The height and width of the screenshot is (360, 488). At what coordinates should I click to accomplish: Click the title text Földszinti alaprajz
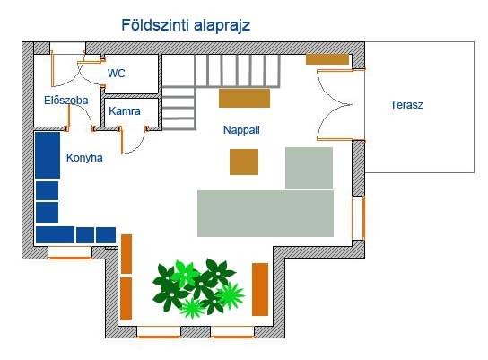tap(186, 25)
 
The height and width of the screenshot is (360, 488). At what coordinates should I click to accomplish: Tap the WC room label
tap(117, 74)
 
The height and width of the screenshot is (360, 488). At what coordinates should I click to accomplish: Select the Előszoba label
tap(66, 101)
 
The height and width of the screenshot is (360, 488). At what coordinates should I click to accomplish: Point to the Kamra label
tap(125, 111)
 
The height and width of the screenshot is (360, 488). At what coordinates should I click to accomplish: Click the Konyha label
tap(84, 158)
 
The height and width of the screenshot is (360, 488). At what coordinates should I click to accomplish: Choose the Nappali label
tap(241, 130)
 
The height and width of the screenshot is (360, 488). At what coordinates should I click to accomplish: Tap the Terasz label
tap(406, 105)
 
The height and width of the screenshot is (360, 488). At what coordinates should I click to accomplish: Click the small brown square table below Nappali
tap(244, 162)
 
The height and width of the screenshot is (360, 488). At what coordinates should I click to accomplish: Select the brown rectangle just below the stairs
tap(244, 98)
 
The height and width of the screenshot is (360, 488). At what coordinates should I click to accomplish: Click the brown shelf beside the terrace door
tap(327, 59)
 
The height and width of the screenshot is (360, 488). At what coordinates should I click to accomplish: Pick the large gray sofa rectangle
tap(266, 214)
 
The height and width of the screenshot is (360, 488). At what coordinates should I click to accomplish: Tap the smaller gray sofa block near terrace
tap(309, 168)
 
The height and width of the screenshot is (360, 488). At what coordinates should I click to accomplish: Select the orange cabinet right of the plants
tap(260, 290)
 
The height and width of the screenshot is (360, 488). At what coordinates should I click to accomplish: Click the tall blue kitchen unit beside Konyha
tap(48, 155)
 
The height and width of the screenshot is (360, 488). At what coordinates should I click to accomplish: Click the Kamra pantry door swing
tap(132, 140)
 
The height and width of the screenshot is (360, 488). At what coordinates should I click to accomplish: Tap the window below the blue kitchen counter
tap(70, 253)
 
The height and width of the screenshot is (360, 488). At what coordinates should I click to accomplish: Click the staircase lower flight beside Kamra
tap(179, 108)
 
